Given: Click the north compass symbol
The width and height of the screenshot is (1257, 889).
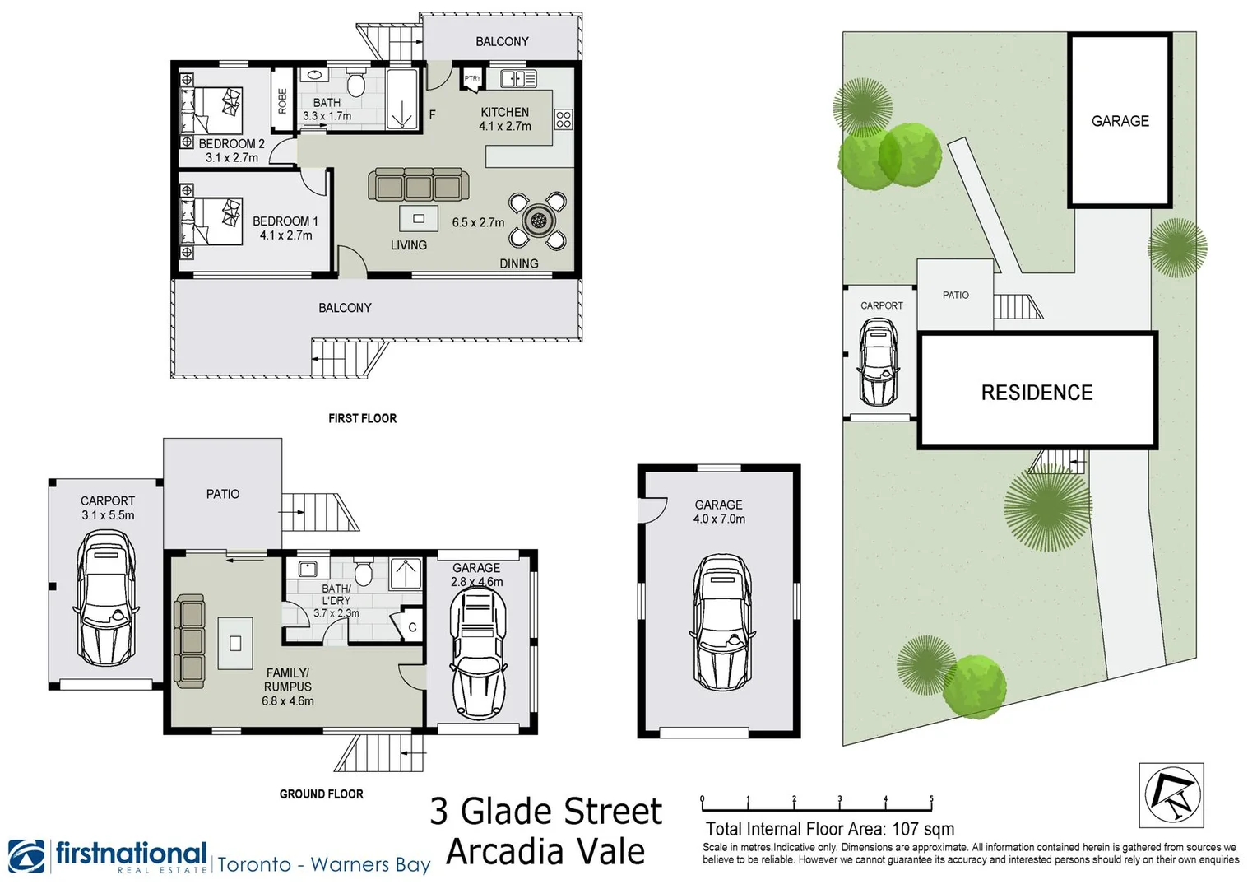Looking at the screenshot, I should point(1172,795).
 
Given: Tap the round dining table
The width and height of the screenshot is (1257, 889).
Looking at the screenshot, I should point(538,220).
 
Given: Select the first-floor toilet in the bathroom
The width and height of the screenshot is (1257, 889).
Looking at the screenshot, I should point(356,84).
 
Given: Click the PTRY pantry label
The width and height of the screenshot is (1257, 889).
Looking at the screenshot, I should point(472,79).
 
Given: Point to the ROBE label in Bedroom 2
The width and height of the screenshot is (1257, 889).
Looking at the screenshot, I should point(283,100).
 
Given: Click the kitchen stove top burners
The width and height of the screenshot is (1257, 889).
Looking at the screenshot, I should point(564,119).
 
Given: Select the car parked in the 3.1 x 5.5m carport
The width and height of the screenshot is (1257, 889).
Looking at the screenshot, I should point(106,598).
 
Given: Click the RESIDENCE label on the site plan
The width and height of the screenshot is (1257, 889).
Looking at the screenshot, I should point(1037,393).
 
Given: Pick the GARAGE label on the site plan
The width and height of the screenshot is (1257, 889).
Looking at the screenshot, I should point(1120,121).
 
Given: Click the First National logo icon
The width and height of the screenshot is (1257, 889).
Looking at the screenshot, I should point(26,856).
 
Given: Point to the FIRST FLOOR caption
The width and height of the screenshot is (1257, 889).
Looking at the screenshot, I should point(362,418).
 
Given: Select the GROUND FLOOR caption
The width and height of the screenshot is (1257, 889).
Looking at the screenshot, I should point(321,794).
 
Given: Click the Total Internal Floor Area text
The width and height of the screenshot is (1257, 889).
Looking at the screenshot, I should point(829,829).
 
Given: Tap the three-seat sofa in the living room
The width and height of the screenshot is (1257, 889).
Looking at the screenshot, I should point(419,186).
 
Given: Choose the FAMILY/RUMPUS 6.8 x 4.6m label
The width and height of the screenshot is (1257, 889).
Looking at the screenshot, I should point(288,687).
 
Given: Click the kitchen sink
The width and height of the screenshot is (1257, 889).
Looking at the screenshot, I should point(518,79).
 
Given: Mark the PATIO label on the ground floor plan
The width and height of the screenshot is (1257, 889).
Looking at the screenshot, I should point(223,494).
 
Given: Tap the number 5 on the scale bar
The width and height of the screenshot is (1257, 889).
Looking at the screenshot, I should point(931,798).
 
